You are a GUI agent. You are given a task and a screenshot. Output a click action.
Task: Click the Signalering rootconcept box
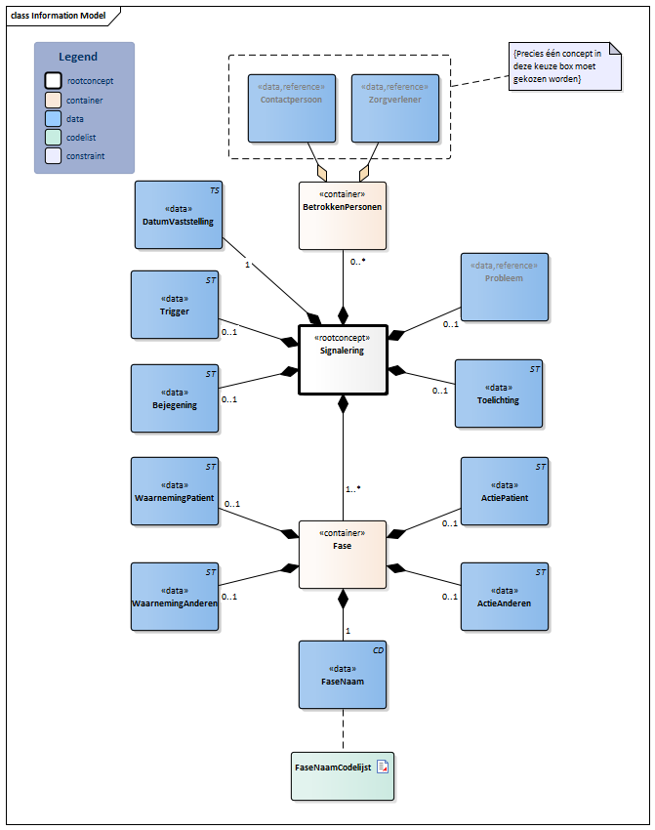point(343,359)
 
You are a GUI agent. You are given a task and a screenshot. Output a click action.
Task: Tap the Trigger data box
point(175,305)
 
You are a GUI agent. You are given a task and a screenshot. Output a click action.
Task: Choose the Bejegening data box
point(175,397)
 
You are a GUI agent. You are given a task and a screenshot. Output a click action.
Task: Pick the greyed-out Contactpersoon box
point(291,106)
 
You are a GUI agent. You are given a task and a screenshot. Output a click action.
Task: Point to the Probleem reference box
point(505,286)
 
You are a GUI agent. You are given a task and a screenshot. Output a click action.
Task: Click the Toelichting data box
point(498,394)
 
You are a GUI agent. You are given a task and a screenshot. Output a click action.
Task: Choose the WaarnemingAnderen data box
point(175,596)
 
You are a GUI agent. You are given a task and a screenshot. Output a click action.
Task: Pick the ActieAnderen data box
point(505,596)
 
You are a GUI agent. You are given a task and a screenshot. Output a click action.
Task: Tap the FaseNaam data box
point(342,674)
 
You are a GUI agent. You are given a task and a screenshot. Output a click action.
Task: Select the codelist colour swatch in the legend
point(53,137)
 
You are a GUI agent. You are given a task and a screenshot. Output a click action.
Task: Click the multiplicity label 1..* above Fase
point(352,488)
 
